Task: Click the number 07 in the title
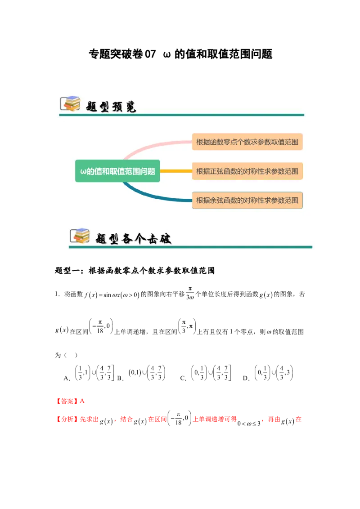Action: click(150, 54)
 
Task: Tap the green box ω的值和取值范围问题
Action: click(117, 171)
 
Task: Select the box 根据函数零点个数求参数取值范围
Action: click(247, 142)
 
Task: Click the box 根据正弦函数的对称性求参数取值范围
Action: click(247, 171)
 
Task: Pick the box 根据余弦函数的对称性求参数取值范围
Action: click(247, 200)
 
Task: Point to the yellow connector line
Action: click(176, 171)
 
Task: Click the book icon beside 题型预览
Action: click(70, 104)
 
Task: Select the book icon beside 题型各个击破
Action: click(80, 236)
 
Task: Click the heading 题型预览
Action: click(111, 107)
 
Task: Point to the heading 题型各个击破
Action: click(133, 239)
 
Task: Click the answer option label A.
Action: click(67, 378)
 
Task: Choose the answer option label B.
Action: click(120, 378)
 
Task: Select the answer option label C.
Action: click(183, 378)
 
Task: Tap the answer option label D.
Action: click(246, 378)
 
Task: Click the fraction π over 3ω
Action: click(190, 293)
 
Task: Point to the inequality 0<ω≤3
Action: click(249, 423)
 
